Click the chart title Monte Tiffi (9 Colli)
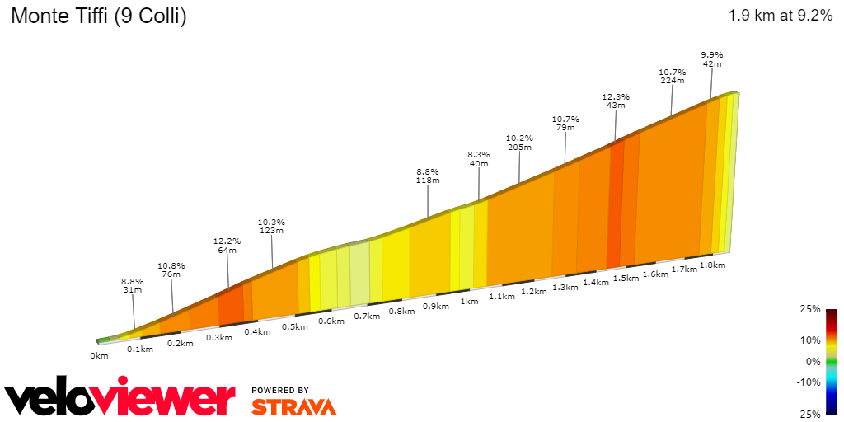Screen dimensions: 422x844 (98, 16)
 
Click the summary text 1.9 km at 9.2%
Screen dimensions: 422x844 (780, 16)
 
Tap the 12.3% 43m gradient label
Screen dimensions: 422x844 (616, 101)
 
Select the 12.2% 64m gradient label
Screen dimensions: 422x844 (227, 246)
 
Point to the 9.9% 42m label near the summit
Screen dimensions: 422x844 (712, 59)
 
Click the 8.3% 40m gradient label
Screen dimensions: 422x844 (479, 159)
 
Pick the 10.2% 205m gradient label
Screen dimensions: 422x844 (519, 143)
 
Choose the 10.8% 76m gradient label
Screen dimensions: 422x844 (171, 270)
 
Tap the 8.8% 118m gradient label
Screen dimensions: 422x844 (428, 176)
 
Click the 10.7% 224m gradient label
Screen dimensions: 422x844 (673, 76)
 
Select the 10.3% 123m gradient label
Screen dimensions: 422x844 (271, 227)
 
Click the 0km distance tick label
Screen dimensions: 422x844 (99, 356)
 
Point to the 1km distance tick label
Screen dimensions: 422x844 (469, 302)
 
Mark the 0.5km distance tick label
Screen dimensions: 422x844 (295, 327)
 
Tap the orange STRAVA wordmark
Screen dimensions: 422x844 (293, 406)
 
